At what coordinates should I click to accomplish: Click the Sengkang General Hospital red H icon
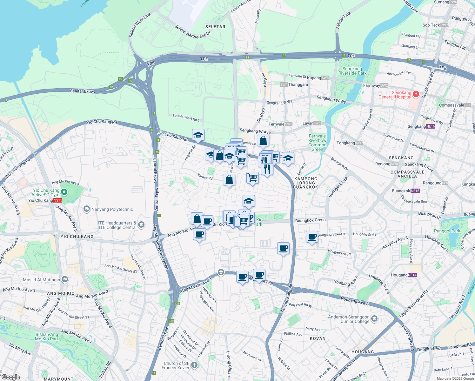(416, 94)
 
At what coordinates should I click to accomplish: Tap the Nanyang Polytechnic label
(112, 209)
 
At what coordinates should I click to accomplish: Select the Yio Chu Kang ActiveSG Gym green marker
(64, 192)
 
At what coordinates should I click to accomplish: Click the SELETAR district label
(215, 27)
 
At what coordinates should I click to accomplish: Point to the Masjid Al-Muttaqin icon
(65, 279)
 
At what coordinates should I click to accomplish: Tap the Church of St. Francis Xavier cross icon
(194, 365)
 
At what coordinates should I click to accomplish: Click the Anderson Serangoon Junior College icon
(374, 318)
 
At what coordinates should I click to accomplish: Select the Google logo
(10, 377)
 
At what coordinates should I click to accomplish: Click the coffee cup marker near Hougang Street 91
(312, 237)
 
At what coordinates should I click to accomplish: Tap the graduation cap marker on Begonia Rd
(198, 135)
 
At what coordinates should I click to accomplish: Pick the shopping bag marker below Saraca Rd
(229, 180)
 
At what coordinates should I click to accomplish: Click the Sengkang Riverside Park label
(352, 71)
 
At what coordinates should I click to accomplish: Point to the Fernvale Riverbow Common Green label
(317, 143)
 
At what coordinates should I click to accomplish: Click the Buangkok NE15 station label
(405, 191)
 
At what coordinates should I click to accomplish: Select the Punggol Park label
(447, 231)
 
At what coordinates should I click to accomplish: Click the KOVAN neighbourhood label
(318, 338)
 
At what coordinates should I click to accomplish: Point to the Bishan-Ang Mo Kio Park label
(47, 337)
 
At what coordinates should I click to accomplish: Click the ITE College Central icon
(141, 225)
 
